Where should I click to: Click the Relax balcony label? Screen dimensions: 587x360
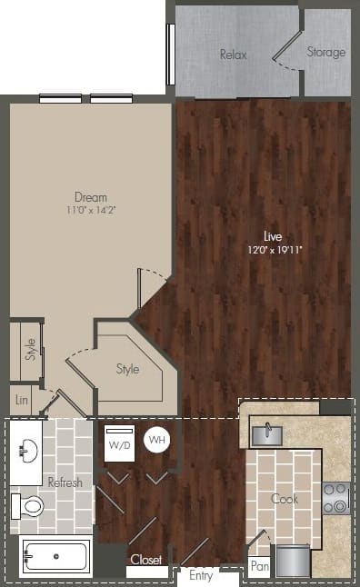point(234,55)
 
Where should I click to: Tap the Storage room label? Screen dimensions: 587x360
point(325,52)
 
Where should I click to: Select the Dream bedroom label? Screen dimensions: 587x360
point(91,197)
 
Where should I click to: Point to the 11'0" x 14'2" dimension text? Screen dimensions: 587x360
point(91,211)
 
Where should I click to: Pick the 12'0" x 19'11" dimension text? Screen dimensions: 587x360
point(273,249)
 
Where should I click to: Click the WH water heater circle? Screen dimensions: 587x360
point(156,440)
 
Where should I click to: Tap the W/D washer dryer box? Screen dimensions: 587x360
point(119,445)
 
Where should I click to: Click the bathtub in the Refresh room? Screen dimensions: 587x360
point(55,554)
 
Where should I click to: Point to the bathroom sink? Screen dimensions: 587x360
point(27,448)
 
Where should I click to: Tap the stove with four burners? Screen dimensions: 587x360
point(336,499)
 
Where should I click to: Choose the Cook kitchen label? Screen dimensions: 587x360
point(285,498)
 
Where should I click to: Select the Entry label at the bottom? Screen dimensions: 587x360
point(202,575)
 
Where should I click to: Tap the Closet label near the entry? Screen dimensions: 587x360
point(145,560)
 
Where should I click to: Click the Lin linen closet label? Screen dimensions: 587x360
point(21,399)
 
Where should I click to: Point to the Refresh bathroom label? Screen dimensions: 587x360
point(65,483)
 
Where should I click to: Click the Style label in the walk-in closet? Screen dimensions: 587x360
point(127,369)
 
